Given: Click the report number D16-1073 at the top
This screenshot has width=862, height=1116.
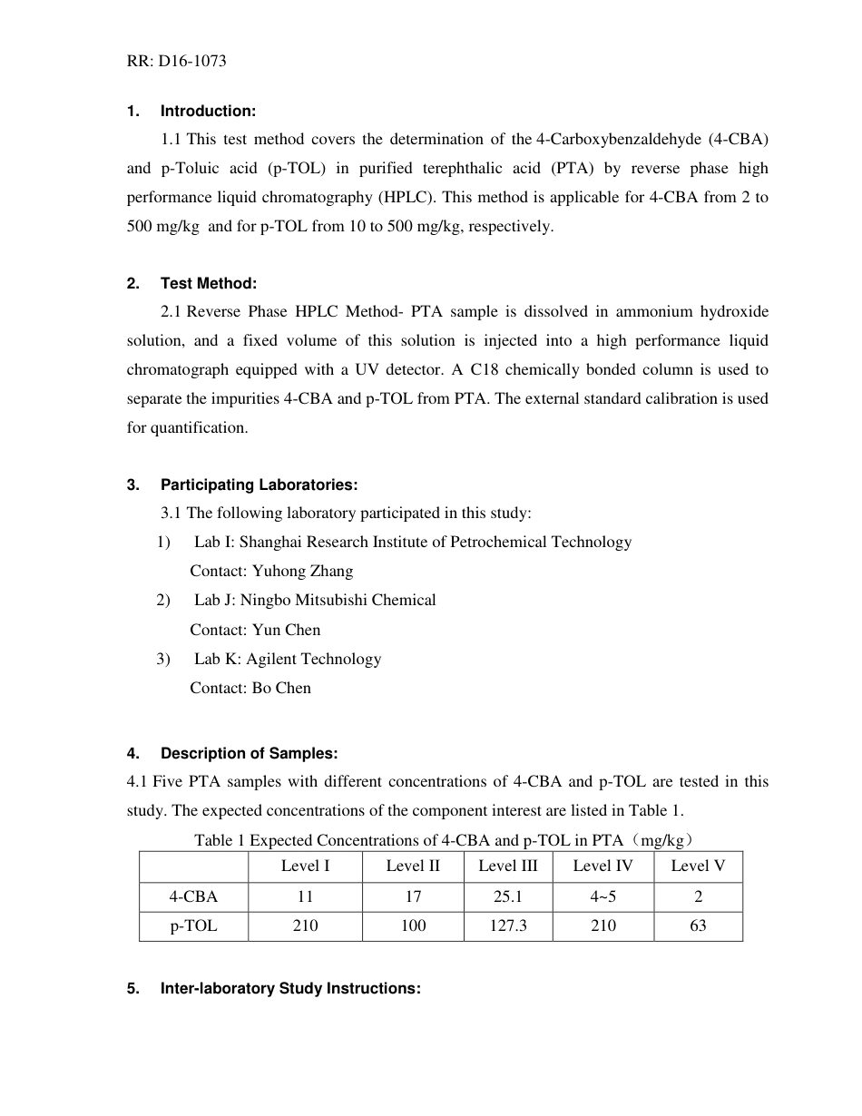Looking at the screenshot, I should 193,62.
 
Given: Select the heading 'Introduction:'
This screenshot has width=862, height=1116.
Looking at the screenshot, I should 208,111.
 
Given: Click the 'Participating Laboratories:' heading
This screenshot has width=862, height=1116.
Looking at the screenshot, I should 259,485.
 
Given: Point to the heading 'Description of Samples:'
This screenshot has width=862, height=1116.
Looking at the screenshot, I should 249,753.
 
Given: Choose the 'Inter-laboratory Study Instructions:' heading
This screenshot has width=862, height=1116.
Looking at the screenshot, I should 289,988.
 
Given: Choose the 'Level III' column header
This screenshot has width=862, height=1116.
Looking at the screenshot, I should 508,866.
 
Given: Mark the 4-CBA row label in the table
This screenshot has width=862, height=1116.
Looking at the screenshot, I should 193,896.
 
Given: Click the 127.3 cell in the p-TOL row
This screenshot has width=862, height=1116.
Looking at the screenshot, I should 508,926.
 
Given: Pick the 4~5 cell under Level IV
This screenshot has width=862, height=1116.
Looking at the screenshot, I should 602,896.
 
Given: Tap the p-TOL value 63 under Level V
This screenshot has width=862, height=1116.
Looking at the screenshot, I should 698,926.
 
